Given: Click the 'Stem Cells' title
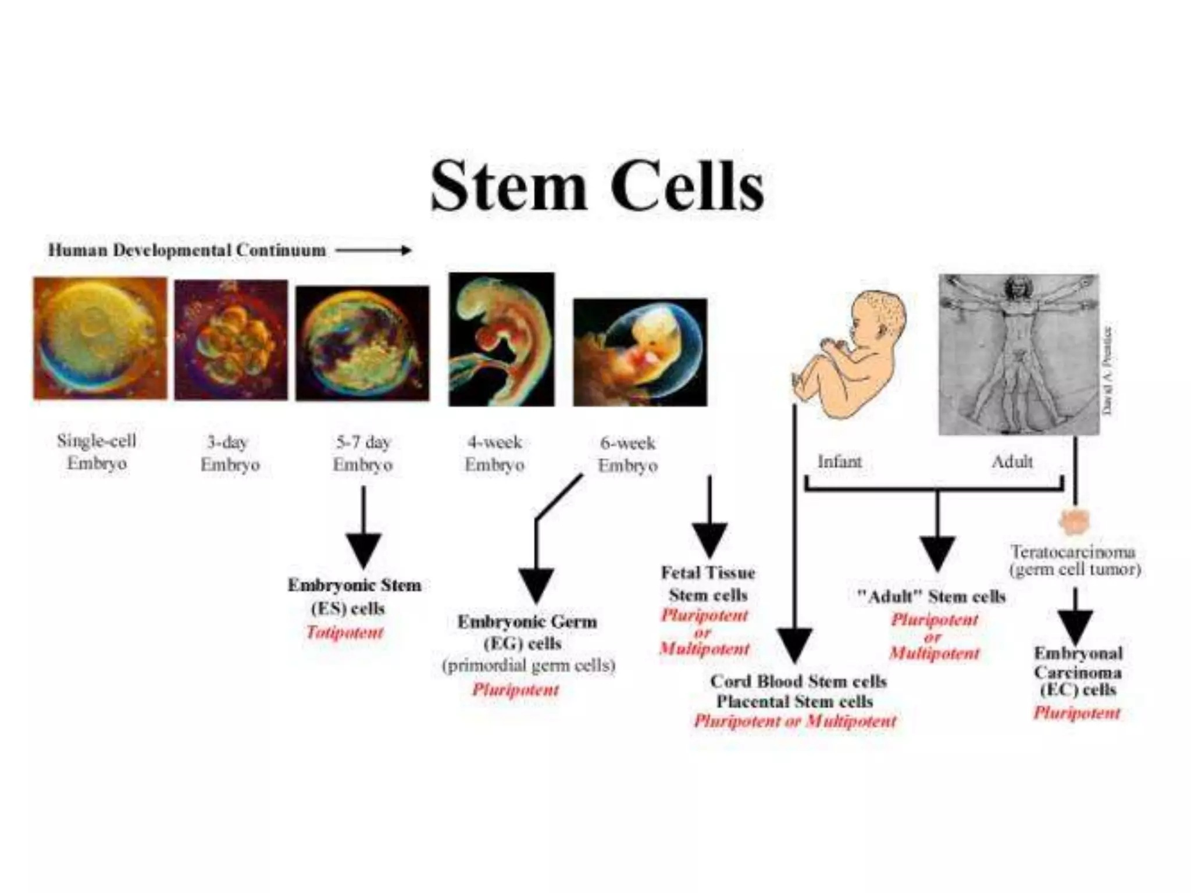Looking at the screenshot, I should (597, 185).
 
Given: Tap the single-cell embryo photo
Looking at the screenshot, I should (100, 338).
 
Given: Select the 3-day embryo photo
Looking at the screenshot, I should (231, 340).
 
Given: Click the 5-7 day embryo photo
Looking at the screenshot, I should (362, 343).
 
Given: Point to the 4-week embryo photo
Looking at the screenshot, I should (501, 340).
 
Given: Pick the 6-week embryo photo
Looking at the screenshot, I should (640, 352).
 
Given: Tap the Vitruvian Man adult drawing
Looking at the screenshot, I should (1019, 355).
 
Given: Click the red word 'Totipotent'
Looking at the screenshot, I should (345, 632).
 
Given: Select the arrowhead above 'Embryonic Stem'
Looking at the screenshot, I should (363, 549).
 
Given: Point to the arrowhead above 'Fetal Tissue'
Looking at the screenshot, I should (709, 539).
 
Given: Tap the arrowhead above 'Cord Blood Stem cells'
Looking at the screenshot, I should (794, 644).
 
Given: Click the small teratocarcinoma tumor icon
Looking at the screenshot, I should (1074, 521).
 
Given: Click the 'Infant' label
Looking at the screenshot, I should (839, 462).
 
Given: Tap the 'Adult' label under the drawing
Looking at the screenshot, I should (1012, 462).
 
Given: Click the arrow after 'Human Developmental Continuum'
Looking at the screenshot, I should (373, 251).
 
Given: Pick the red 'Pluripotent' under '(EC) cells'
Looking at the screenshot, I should (1076, 713).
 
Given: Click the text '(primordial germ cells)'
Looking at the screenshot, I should (529, 665).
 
